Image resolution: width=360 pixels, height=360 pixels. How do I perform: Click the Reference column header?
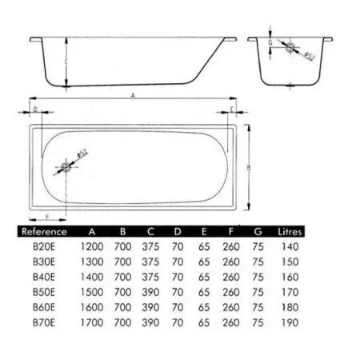click(44, 231)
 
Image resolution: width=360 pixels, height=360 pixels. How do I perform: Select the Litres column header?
click(290, 231)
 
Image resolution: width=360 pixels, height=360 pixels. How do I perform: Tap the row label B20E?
click(44, 246)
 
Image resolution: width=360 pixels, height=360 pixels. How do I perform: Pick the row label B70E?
click(44, 322)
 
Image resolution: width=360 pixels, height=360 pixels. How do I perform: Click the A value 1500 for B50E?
click(92, 292)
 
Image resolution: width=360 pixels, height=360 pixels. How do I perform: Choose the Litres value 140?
click(290, 246)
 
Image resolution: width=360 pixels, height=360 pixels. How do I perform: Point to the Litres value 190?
click(290, 322)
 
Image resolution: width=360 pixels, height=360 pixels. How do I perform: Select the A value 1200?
click(92, 246)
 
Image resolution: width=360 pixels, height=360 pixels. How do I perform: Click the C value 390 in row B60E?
click(150, 307)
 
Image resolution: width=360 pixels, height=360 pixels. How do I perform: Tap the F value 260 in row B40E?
click(231, 277)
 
